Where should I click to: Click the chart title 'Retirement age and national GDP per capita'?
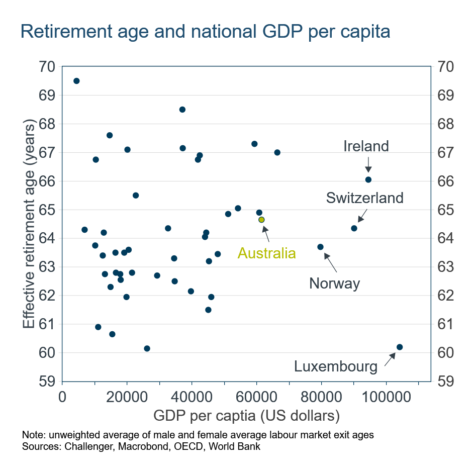click(205, 32)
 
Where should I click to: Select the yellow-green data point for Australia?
click(261, 220)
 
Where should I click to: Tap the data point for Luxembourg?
click(400, 347)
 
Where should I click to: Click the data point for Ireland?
click(368, 179)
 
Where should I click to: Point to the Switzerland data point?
click(354, 228)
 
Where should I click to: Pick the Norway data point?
click(320, 247)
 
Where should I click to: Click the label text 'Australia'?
click(266, 253)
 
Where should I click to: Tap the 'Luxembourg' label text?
click(336, 366)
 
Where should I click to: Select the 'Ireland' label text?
click(366, 146)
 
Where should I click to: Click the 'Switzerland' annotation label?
click(364, 198)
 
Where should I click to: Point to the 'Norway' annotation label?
click(335, 284)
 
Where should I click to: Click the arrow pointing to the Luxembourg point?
click(390, 359)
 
